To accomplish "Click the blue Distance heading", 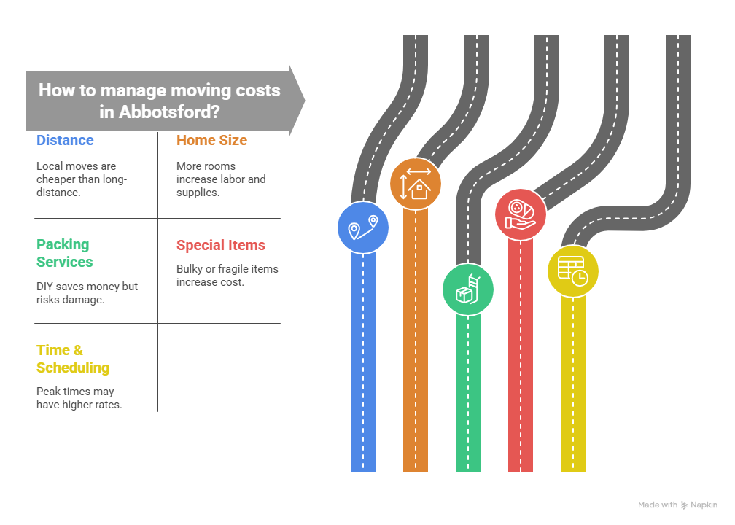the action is (65, 140).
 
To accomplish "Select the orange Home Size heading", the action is (211, 140).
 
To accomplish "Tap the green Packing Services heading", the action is (65, 253).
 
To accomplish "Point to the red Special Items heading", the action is (221, 245).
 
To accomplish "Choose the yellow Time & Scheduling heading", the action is (73, 359).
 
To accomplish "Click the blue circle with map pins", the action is (363, 227).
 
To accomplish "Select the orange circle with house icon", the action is (416, 184).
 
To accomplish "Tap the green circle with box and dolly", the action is (468, 289).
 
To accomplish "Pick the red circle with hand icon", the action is (521, 214).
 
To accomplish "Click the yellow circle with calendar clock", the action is (573, 271).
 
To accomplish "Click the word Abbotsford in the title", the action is (169, 112).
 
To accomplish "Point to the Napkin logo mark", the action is (685, 505).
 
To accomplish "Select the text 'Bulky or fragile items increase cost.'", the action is (227, 276).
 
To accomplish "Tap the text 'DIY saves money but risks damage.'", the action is (87, 293).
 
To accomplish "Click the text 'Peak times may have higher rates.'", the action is (79, 398).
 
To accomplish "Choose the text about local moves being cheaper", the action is (82, 179).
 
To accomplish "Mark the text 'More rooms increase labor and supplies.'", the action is (221, 179).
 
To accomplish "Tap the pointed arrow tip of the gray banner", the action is (305, 100).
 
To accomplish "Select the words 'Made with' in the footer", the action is (658, 505).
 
